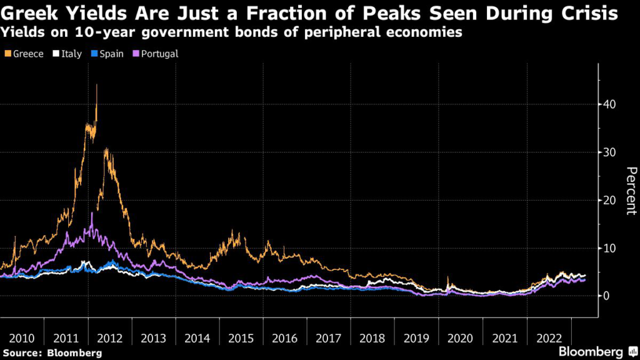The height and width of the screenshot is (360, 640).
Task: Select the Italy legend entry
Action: click(x=67, y=54)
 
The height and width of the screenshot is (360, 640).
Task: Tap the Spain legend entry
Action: click(x=107, y=54)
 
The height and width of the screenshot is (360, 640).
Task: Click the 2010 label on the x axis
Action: click(x=22, y=338)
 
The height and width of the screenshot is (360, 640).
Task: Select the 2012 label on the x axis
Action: click(x=110, y=338)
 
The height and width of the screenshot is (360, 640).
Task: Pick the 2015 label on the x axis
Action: click(x=241, y=338)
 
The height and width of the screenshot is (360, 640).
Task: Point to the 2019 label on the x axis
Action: click(x=417, y=338)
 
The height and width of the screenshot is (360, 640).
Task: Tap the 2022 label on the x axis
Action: click(x=549, y=338)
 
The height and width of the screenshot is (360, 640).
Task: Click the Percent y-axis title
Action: click(x=631, y=191)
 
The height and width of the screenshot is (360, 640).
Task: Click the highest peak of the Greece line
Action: click(x=97, y=85)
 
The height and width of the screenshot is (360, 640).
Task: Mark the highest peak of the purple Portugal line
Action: click(x=92, y=213)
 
